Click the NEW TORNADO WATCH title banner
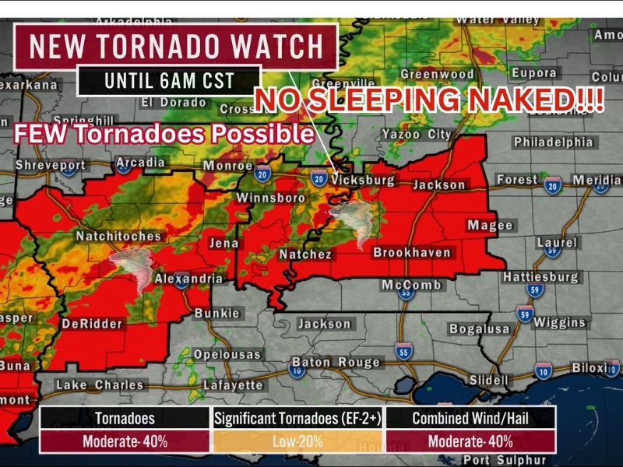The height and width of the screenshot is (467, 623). [x=175, y=47]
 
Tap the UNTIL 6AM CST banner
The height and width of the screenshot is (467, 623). [x=167, y=80]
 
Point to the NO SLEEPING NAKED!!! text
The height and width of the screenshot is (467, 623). [x=430, y=102]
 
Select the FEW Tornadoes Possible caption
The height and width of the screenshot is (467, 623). [x=164, y=133]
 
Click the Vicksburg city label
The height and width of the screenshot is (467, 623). [x=364, y=180]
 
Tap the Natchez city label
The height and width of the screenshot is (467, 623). [x=306, y=255]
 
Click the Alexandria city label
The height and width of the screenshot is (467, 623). [x=188, y=279]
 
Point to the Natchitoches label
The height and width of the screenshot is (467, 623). [x=118, y=237]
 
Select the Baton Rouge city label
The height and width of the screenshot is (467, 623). [x=336, y=362]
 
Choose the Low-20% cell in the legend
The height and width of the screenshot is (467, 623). [x=297, y=441]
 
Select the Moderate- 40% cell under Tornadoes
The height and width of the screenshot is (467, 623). [x=125, y=441]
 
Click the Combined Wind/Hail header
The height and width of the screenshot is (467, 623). [x=470, y=419]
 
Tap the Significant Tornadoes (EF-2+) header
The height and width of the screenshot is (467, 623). [x=297, y=419]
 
